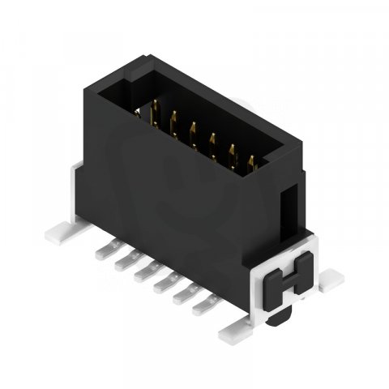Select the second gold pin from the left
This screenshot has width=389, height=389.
pos(173,119)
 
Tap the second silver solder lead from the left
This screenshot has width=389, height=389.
pos(123,263)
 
